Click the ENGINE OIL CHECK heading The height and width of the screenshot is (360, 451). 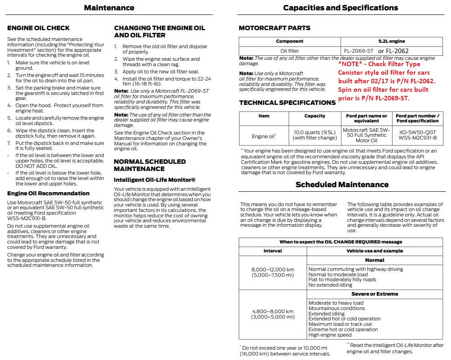(x=38, y=28)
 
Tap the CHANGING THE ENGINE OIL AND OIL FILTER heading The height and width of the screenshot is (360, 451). (x=159, y=31)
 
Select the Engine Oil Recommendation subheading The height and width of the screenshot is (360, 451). (x=48, y=193)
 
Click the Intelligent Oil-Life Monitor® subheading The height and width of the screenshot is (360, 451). (x=154, y=180)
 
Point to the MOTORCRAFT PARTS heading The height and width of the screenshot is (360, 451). (x=274, y=28)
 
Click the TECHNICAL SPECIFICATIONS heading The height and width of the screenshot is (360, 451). (x=287, y=103)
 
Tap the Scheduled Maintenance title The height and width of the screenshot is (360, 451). (x=342, y=184)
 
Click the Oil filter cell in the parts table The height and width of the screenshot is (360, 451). (x=290, y=51)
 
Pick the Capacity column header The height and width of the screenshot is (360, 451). (x=315, y=116)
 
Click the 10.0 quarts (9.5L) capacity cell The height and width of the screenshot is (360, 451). (x=315, y=135)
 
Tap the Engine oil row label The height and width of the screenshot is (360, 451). (x=263, y=135)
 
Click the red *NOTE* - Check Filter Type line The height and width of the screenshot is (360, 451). (x=379, y=64)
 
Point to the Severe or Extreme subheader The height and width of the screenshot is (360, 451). (x=375, y=294)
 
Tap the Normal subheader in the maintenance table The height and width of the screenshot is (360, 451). (x=375, y=260)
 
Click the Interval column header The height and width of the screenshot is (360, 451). (x=272, y=251)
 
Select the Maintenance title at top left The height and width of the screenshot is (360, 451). (x=109, y=8)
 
